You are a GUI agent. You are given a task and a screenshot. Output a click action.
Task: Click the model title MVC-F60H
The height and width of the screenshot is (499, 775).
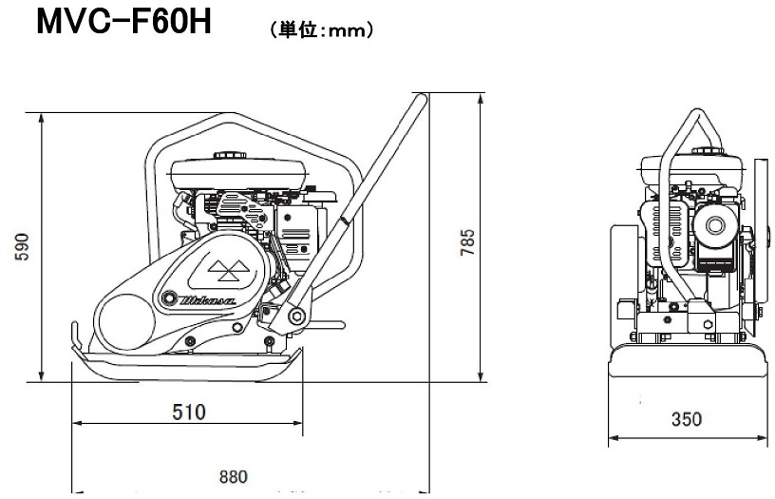coord(124,21)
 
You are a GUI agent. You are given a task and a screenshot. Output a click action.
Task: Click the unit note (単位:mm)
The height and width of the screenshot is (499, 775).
coord(322,30)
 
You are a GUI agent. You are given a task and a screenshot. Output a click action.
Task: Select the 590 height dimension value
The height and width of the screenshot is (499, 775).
coord(22,247)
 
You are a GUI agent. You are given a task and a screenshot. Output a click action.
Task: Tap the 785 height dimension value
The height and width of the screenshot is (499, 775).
coord(467,241)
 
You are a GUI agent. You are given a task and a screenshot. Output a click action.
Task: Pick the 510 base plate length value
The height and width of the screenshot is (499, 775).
coord(189,412)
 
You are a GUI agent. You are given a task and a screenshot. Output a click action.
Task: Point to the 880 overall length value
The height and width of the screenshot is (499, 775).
coord(234,476)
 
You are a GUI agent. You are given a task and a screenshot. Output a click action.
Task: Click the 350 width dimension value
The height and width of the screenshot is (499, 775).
coord(687,419)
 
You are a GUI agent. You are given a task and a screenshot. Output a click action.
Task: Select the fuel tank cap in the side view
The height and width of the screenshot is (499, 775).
coord(229,155)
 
